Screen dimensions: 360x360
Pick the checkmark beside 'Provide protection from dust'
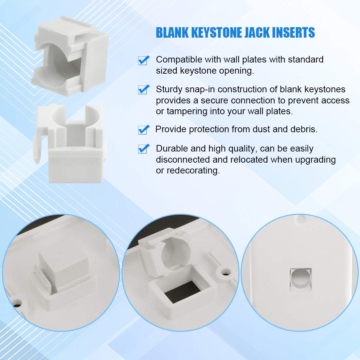tap(143, 129)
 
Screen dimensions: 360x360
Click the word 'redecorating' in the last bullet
tap(193, 171)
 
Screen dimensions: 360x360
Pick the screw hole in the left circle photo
tap(16, 304)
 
